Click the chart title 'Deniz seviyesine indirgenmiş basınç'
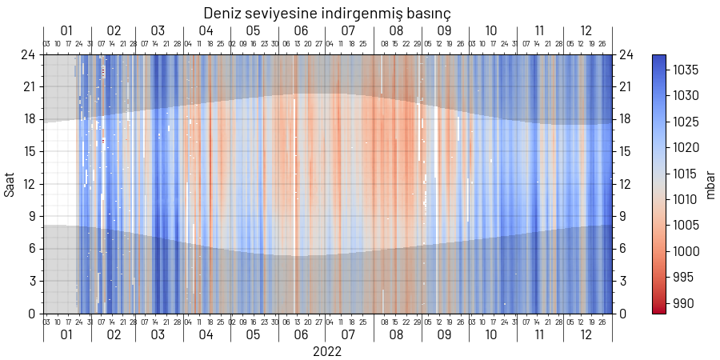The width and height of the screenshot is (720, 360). (327, 13)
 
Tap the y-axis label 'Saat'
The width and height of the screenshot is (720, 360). (10, 184)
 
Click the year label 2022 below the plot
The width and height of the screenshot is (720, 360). (327, 351)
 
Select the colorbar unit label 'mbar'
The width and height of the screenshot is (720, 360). (709, 184)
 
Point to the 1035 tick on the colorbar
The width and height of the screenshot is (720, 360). (686, 70)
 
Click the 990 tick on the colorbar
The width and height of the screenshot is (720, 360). (682, 303)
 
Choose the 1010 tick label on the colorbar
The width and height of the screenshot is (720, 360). (686, 200)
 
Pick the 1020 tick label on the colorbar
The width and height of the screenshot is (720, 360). (686, 148)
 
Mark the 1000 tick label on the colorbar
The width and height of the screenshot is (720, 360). (686, 251)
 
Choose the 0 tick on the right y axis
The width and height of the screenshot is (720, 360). (622, 314)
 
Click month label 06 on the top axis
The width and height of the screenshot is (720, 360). (301, 31)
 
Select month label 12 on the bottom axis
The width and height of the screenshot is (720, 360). (586, 334)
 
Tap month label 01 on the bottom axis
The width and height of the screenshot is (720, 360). (66, 334)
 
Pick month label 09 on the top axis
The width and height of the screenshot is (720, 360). (444, 31)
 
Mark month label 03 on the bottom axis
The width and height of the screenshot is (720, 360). (158, 334)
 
